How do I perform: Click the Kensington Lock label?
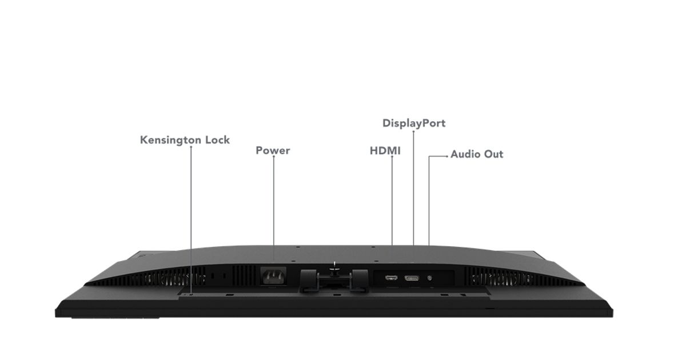tap(185, 140)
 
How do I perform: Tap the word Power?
tap(273, 150)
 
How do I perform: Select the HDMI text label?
tap(385, 151)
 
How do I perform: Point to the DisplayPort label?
tap(414, 123)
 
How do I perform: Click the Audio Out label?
tap(477, 154)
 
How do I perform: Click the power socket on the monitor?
tap(273, 276)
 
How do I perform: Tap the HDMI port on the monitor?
tap(391, 278)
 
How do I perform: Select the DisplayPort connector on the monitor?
tap(412, 278)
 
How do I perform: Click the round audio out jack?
tap(430, 278)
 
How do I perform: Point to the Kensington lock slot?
tap(191, 294)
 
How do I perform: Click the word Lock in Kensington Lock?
tap(217, 140)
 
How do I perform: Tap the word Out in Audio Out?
tap(493, 154)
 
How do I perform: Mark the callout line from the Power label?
tap(273, 201)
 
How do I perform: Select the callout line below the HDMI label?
tap(392, 201)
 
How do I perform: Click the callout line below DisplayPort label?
tap(413, 188)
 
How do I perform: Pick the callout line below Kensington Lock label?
tap(191, 220)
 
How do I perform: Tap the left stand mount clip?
tap(309, 280)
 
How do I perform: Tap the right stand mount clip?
tap(360, 280)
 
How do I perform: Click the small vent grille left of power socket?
tap(244, 275)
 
